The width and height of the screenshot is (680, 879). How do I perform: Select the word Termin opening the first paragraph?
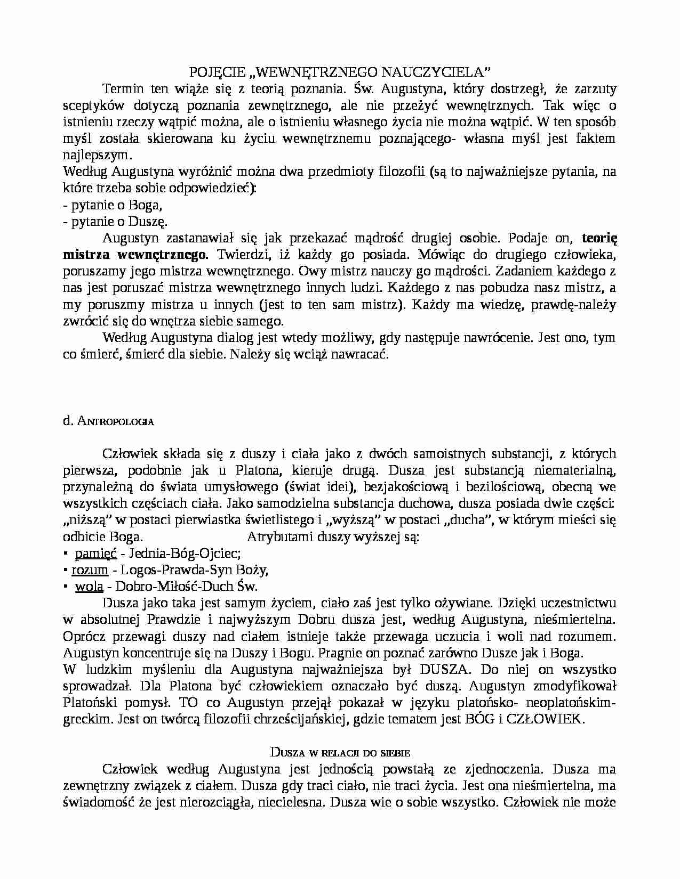[122, 88]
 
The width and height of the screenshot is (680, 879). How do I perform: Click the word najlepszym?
[96, 155]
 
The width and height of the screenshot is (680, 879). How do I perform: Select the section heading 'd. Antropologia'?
[108, 421]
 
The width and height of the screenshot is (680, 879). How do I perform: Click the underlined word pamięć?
[96, 554]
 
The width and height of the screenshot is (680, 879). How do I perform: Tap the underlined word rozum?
[90, 570]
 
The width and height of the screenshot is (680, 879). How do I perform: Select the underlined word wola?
[89, 587]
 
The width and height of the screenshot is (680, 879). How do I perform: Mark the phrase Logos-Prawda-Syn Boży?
[194, 570]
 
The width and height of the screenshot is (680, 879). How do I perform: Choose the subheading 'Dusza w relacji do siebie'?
[340, 753]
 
